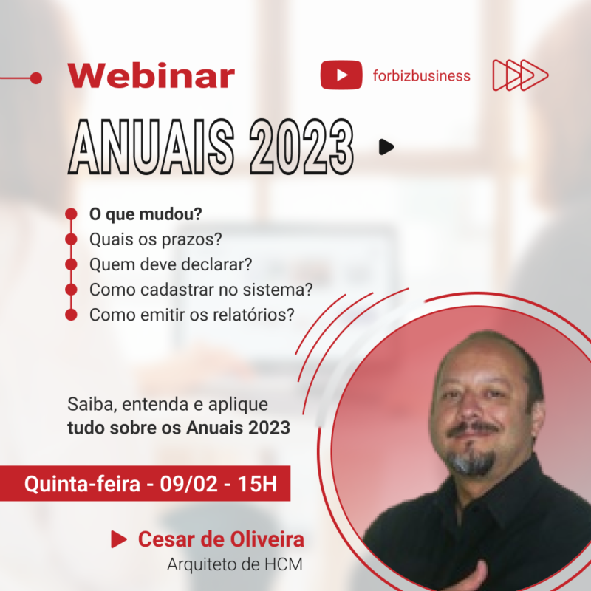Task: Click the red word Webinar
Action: point(151,76)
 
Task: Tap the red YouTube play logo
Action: point(341,75)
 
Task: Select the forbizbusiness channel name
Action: point(421,76)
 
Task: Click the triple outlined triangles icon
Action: point(520,75)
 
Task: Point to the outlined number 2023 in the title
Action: point(301,146)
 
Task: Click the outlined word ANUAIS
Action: point(151,146)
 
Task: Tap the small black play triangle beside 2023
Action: point(386,147)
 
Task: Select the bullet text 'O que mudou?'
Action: point(146,214)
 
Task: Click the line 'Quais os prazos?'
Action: point(156,239)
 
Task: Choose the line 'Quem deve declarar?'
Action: point(171,264)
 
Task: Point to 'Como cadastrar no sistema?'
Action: point(201,290)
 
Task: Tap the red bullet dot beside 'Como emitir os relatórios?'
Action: point(71,315)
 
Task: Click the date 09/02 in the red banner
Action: point(189,484)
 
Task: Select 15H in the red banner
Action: point(257,484)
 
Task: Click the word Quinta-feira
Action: point(82,484)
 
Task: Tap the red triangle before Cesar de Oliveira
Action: point(119,539)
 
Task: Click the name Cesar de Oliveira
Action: point(221,539)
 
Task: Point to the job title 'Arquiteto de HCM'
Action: point(235,564)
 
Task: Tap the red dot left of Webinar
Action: point(36,78)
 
